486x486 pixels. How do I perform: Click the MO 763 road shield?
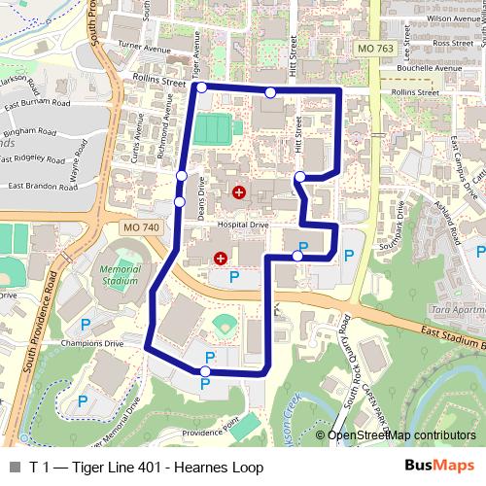[x=368, y=47]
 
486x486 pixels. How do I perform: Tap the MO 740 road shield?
[x=141, y=226]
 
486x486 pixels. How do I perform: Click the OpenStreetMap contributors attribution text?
[x=401, y=435]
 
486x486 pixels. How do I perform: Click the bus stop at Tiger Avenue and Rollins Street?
[x=201, y=87]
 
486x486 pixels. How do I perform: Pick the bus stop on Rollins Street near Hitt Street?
[x=269, y=91]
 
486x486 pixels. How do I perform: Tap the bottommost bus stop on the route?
[x=205, y=371]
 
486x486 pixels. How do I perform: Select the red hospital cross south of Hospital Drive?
[x=221, y=259]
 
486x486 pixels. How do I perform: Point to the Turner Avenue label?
[x=143, y=45]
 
